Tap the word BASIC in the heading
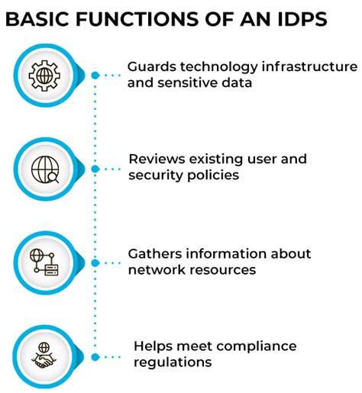(x=37, y=19)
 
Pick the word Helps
(x=153, y=347)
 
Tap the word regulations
(x=173, y=362)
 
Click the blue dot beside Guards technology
(x=95, y=76)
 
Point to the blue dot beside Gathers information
(x=95, y=263)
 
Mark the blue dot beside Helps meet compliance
(x=95, y=356)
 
